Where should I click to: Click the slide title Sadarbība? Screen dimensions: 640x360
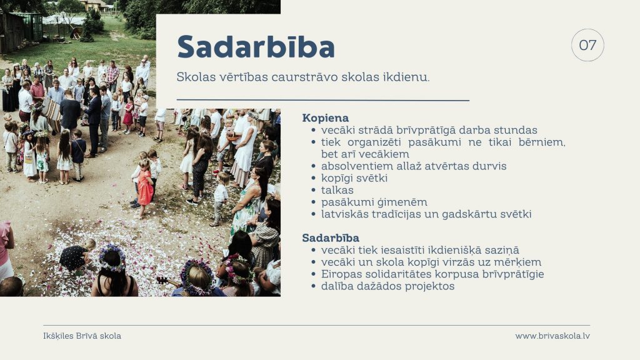(x=256, y=46)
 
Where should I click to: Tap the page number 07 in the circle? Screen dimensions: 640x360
(x=587, y=45)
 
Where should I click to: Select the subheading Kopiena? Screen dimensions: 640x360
(x=325, y=118)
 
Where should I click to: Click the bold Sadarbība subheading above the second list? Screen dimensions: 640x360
(x=331, y=237)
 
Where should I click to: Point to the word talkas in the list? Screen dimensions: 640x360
(x=337, y=190)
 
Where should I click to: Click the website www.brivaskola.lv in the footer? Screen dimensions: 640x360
(x=552, y=336)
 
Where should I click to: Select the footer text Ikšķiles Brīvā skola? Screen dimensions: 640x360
(x=82, y=336)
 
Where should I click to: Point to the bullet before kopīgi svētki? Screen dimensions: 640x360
(x=313, y=178)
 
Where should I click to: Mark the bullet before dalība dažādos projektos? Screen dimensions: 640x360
(x=313, y=286)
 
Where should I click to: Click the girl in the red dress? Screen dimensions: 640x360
(x=144, y=186)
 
